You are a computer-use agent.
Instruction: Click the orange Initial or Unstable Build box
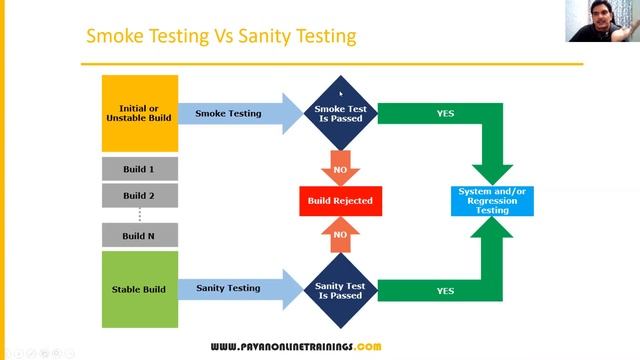coord(139,112)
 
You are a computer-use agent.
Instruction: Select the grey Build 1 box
coord(139,169)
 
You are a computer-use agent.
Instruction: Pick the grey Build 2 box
coord(139,195)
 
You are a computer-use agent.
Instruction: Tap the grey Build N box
coord(139,235)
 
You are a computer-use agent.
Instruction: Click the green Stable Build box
coord(139,288)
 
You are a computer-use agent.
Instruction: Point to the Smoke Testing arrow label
coord(228,113)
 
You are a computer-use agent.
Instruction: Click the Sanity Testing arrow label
coord(228,288)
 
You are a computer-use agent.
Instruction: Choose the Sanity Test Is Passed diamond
coord(340,290)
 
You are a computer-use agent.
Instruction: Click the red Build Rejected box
coord(340,201)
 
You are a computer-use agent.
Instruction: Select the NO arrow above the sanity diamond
coord(340,234)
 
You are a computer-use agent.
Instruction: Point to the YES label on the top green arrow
coord(445,113)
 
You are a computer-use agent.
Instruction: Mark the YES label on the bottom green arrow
coord(445,290)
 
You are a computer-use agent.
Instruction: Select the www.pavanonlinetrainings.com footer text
coord(295,346)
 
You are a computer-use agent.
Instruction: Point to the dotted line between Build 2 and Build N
coord(139,214)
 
